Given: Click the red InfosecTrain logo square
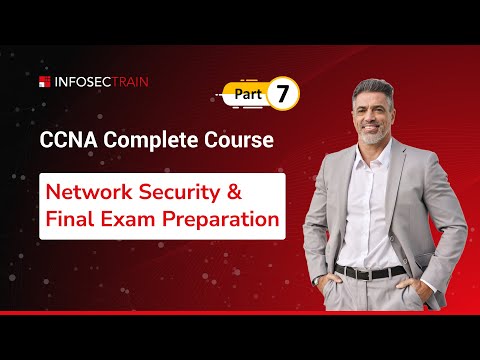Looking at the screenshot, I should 44,81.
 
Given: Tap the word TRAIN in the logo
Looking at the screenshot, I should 126,81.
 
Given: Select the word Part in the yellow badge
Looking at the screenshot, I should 249,96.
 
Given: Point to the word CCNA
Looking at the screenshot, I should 68,140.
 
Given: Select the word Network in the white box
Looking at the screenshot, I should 97,191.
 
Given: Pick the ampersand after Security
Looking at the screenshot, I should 263,191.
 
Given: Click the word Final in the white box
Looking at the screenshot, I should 73,219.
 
